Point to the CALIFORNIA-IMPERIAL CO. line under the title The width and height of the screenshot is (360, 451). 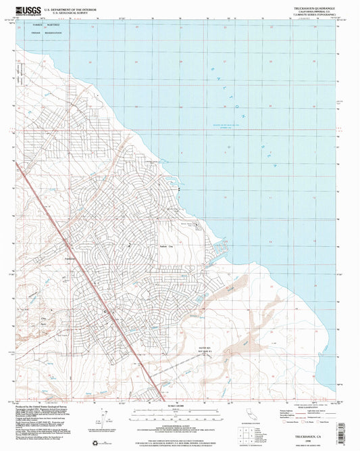click(x=313, y=12)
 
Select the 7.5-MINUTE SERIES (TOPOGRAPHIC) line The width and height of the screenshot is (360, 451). click(x=313, y=16)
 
